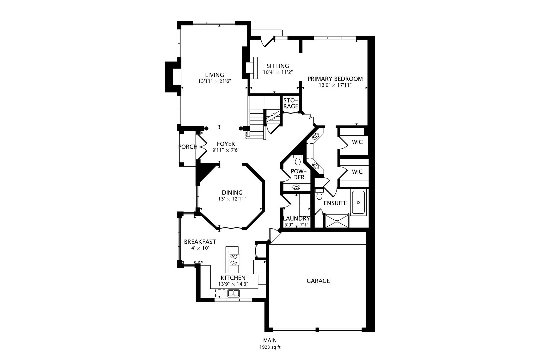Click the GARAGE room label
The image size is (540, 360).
(x=318, y=281)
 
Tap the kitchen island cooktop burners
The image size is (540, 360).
(x=234, y=259)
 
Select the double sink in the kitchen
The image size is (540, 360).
(x=233, y=293)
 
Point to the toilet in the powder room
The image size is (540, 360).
(x=298, y=160)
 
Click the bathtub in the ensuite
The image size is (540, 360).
(x=358, y=203)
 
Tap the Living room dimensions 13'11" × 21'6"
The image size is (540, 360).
(x=215, y=81)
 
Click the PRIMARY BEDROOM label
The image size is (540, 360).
(x=335, y=79)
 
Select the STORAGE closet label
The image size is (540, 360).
(x=290, y=103)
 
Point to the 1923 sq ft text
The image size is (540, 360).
(x=270, y=347)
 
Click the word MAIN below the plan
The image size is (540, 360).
(x=270, y=340)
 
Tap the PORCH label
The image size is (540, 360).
(x=188, y=147)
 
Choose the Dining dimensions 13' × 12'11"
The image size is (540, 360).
(x=232, y=199)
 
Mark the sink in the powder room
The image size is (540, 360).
(x=296, y=187)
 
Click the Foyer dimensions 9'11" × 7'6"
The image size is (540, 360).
(x=226, y=150)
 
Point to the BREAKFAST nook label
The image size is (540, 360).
(x=200, y=242)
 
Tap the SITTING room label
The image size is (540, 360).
(x=278, y=66)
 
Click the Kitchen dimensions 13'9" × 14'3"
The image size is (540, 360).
(x=233, y=284)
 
